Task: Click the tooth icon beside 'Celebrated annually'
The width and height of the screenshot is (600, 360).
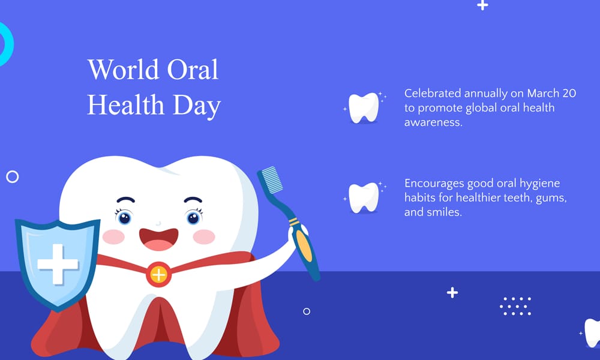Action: [x=364, y=107]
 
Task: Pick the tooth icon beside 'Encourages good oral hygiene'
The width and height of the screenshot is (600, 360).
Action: [x=364, y=197]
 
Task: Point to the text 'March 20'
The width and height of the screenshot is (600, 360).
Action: [x=552, y=94]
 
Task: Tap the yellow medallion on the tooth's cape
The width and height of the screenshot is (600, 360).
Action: [x=158, y=275]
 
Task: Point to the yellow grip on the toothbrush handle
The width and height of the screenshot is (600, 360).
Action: [x=304, y=246]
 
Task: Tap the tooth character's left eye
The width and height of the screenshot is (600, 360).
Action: [x=124, y=217]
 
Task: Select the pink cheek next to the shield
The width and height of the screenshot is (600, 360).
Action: [x=113, y=236]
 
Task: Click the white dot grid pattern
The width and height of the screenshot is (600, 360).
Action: [x=515, y=306]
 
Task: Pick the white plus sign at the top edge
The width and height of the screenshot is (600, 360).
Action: [x=482, y=5]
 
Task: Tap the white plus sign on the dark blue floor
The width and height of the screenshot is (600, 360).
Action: [x=452, y=293]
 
